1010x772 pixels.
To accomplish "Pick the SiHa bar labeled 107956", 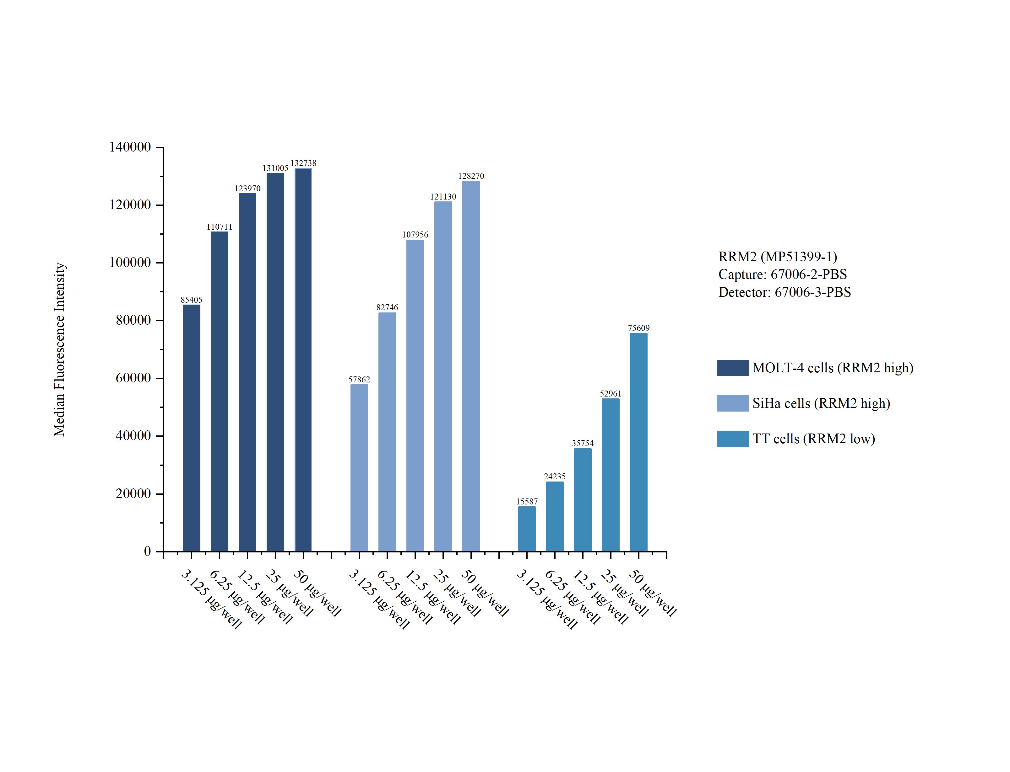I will pyautogui.click(x=415, y=395).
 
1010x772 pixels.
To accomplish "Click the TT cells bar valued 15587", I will pyautogui.click(x=527, y=529).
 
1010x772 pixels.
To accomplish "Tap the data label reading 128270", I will pyautogui.click(x=471, y=176).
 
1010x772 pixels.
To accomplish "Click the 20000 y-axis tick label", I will pyautogui.click(x=133, y=493).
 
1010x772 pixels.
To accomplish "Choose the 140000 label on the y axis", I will pyautogui.click(x=130, y=147).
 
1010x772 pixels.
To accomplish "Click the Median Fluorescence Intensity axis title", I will pyautogui.click(x=60, y=349).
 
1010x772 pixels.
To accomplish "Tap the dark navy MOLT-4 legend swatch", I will pyautogui.click(x=732, y=368).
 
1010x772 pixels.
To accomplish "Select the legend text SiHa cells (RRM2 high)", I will pyautogui.click(x=821, y=403).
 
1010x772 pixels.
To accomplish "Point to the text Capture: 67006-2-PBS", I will pyautogui.click(x=782, y=274).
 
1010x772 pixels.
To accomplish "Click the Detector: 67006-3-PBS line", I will pyautogui.click(x=785, y=292).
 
